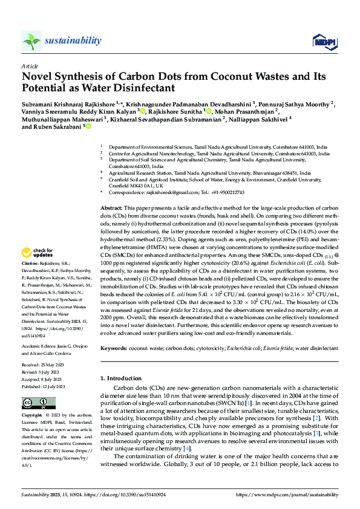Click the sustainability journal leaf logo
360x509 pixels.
pos(32,41)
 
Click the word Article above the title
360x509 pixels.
pos(30,66)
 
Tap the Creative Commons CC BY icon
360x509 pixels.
pos(35,403)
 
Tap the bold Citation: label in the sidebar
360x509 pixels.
pos(30,264)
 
